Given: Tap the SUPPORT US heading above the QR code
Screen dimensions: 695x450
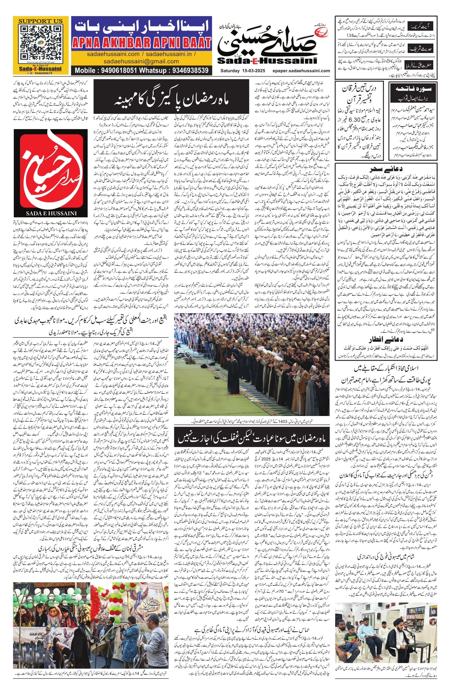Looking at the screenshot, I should (x=40, y=21).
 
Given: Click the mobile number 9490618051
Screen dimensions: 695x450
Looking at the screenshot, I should (x=118, y=70).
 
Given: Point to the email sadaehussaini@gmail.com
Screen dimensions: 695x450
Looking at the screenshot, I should (x=141, y=61).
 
